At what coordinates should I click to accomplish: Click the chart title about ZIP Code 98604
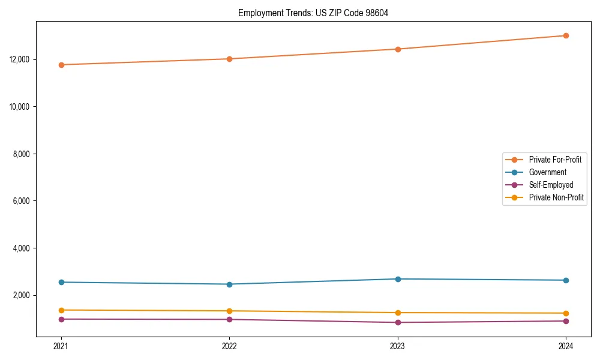coord(313,13)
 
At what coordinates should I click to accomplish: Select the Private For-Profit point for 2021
coord(61,65)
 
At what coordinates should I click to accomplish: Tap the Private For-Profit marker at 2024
coord(566,35)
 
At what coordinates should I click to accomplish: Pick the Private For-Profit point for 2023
coord(398,49)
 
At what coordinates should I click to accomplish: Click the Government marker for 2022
coord(229,284)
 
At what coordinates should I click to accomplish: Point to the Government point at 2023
coord(398,279)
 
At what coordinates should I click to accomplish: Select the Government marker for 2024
coord(566,280)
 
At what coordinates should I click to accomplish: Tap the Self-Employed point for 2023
coord(398,323)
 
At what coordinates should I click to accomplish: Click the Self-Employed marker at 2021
coord(61,319)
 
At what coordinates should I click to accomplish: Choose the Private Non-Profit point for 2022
coord(229,311)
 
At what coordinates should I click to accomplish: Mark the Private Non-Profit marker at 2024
coord(566,313)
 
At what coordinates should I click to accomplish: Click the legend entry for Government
coord(547,172)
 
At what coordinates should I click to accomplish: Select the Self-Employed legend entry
coord(551,185)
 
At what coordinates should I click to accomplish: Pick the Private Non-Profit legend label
coord(556,197)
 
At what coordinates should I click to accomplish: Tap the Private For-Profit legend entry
coord(555,160)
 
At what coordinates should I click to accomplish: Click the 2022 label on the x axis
coord(229,346)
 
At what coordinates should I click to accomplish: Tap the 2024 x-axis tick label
coord(566,346)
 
